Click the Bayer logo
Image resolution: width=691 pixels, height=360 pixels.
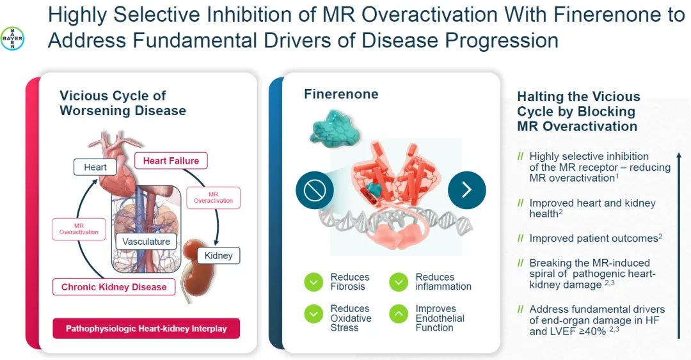12,39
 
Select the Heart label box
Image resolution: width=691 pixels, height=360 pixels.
95,168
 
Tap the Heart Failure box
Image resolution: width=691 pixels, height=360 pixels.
171,160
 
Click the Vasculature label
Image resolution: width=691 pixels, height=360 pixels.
147,241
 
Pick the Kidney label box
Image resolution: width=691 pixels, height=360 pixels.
218,256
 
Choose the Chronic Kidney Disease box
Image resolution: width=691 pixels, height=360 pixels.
114,287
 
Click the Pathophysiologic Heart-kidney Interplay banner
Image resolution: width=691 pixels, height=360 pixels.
147,328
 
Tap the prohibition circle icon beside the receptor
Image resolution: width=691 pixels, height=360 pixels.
314,190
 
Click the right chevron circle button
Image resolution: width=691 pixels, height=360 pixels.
466,190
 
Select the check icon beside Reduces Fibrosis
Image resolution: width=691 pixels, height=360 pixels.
314,282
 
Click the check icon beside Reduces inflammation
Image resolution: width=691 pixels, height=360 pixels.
399,282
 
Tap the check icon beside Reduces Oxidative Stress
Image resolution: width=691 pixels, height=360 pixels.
314,313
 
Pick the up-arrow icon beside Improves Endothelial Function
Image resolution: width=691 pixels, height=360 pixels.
399,313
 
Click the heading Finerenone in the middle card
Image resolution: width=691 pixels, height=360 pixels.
341,94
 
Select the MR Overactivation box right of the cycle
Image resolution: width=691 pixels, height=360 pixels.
213,198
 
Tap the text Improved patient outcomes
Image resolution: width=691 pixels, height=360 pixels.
593,239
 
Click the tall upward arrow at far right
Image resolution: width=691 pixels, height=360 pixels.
679,246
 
